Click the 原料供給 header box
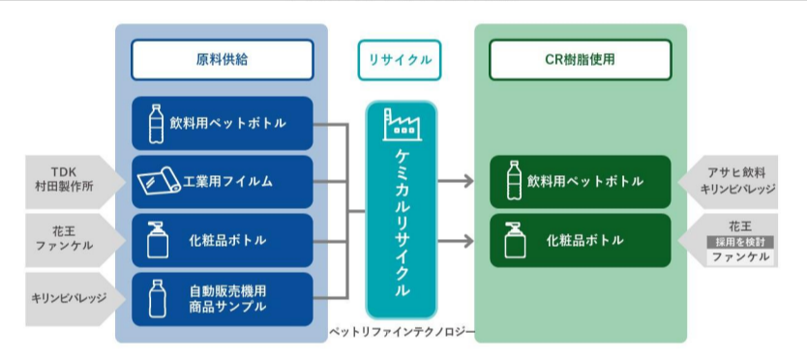222,60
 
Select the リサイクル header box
400,60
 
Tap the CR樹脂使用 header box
580,60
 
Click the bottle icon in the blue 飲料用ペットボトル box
156,124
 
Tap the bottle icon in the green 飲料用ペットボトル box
513,180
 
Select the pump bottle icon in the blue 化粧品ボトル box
158,240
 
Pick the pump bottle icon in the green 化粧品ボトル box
515,240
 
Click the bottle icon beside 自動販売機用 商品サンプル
157,299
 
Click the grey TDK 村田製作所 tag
75,181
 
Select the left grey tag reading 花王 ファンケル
75,239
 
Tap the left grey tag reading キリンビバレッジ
75,298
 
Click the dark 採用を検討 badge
740,242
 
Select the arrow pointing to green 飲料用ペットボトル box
456,181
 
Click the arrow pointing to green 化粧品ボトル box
456,241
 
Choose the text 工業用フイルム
227,182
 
